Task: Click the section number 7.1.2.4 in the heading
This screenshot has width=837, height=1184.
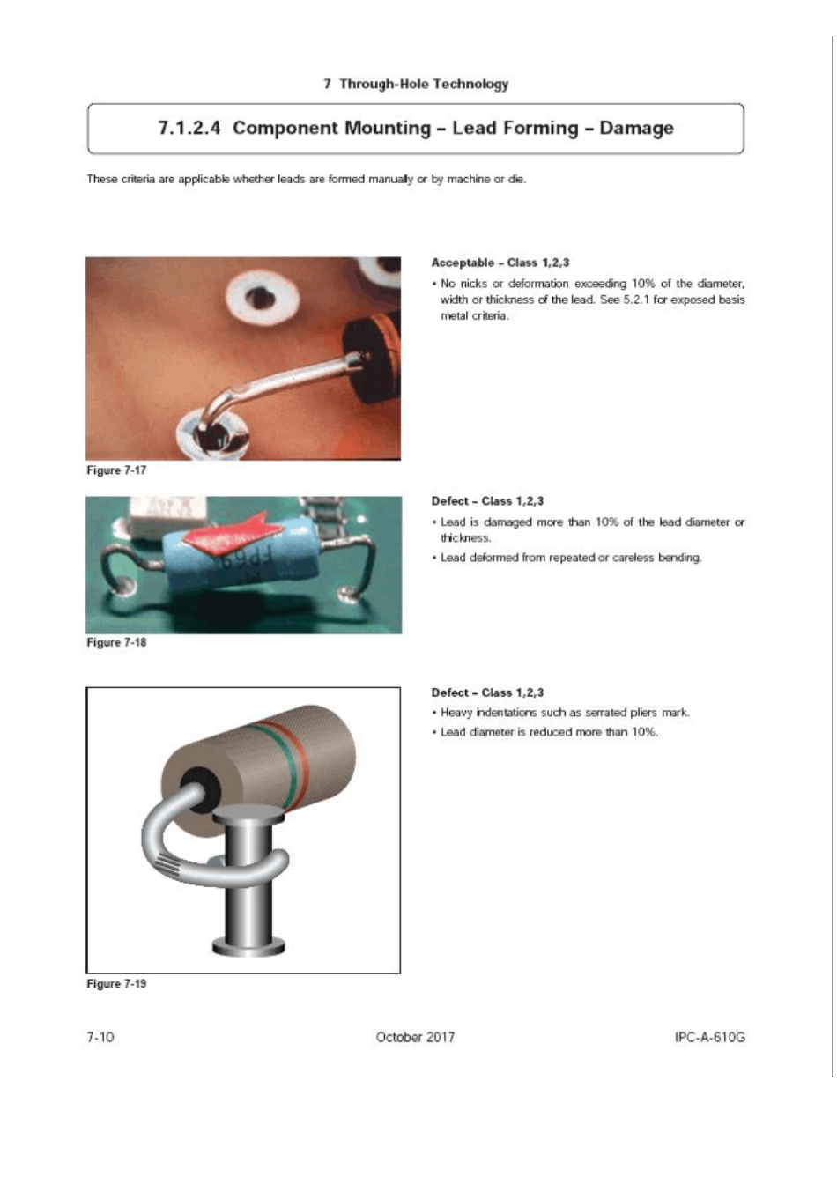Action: (189, 128)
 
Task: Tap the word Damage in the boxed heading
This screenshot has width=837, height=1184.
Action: (637, 128)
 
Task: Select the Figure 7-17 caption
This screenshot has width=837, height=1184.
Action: (116, 470)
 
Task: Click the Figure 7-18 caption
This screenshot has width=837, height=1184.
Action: (116, 642)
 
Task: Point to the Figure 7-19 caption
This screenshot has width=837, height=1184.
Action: (116, 984)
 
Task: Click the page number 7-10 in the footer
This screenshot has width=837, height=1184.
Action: (100, 1037)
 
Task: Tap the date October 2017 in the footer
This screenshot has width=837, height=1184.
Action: (415, 1037)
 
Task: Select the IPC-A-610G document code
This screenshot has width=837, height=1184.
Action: (709, 1037)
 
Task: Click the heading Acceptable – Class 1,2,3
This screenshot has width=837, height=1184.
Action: (500, 263)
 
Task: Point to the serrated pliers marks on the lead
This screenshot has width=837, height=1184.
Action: (169, 864)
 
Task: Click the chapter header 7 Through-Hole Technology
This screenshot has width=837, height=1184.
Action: (416, 84)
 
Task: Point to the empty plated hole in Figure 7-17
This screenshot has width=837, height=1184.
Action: (261, 297)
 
